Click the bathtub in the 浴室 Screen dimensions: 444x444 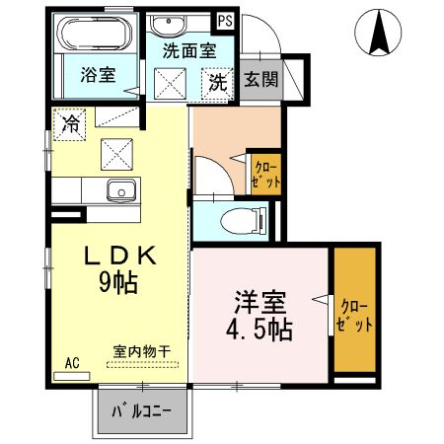tap(95, 37)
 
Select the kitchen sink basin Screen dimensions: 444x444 tap(122, 191)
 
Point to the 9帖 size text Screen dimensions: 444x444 tap(117, 285)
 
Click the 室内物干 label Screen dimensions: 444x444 tap(137, 350)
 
